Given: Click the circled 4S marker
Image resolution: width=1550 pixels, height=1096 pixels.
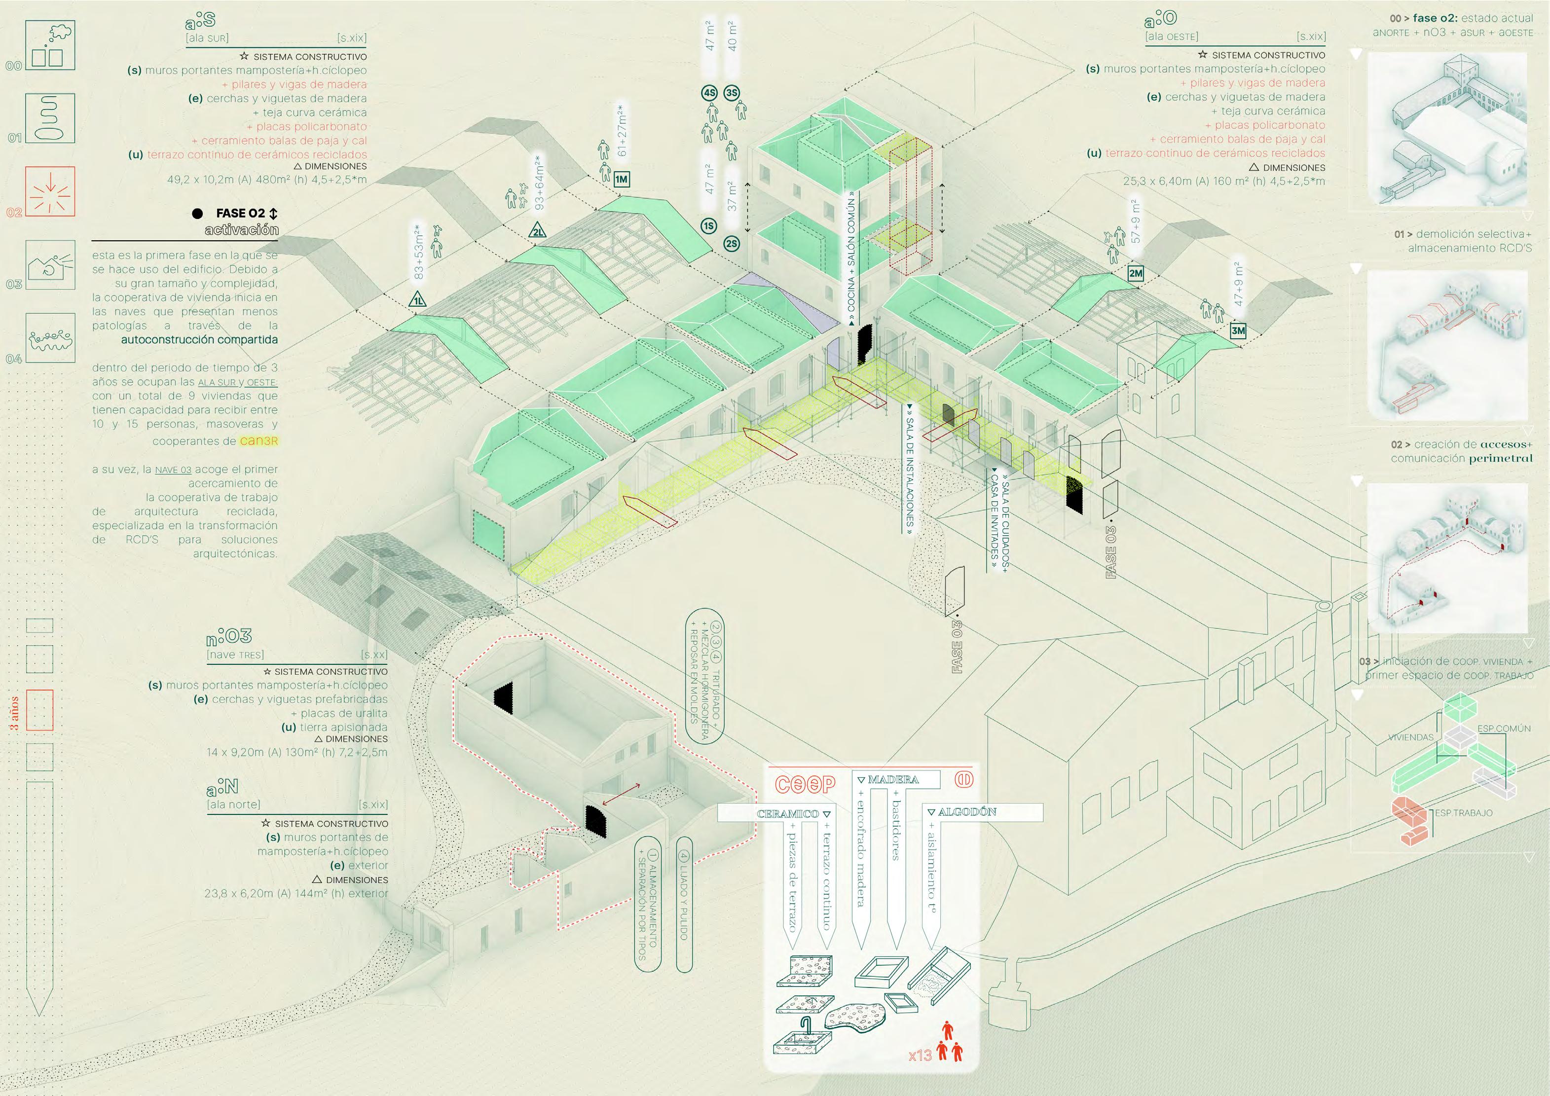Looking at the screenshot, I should (709, 93).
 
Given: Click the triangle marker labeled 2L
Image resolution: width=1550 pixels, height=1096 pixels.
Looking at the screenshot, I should (538, 231).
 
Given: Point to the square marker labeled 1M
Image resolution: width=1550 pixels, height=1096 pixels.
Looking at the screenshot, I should (621, 179).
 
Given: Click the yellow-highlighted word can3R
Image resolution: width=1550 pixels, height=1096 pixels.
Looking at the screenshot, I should (258, 441).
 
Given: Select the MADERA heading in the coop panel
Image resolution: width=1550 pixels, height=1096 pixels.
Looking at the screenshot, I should (892, 779).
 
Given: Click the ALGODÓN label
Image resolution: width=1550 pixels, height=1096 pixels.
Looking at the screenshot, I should (967, 812).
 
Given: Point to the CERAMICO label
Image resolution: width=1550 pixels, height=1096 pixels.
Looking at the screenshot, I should (787, 814).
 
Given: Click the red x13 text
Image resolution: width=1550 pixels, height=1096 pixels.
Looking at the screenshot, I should (920, 1055).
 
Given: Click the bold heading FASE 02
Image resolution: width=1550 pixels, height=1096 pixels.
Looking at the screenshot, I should (240, 213).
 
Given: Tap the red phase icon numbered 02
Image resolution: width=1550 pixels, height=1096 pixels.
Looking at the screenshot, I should (50, 192).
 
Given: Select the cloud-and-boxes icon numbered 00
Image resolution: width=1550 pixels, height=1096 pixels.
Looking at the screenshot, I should (50, 45).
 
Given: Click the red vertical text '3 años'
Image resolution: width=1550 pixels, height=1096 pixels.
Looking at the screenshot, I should (14, 713).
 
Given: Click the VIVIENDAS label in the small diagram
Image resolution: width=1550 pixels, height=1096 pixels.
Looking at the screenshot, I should (1410, 737).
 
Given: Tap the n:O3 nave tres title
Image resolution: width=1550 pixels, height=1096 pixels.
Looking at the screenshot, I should (229, 636).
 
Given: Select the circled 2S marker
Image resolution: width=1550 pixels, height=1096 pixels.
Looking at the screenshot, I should (731, 244).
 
